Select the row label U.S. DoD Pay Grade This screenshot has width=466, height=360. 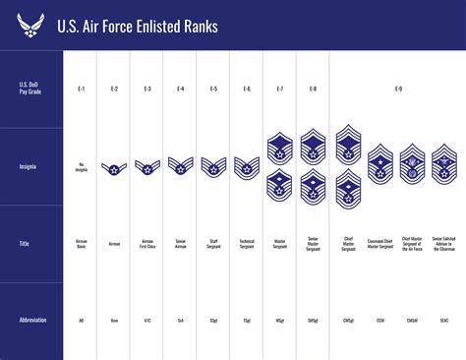pyautogui.click(x=30, y=90)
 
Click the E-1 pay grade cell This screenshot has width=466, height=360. pyautogui.click(x=81, y=90)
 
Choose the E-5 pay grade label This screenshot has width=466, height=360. pyautogui.click(x=213, y=90)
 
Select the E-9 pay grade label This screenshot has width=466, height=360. pyautogui.click(x=397, y=90)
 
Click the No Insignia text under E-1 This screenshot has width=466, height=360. pyautogui.click(x=81, y=167)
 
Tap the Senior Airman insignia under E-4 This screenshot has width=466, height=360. pyautogui.click(x=180, y=167)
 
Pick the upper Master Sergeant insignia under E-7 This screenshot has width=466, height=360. pyautogui.click(x=280, y=148)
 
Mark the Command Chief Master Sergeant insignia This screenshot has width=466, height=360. pyautogui.click(x=380, y=163)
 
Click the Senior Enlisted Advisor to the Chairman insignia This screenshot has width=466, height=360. pyautogui.click(x=445, y=163)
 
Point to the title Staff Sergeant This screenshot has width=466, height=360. pyautogui.click(x=213, y=243)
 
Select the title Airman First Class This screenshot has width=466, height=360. pyautogui.click(x=147, y=243)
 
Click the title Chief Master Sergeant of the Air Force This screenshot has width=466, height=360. pyautogui.click(x=413, y=243)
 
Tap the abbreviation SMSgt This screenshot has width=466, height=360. pyautogui.click(x=313, y=320)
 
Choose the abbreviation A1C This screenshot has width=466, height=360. pyautogui.click(x=147, y=320)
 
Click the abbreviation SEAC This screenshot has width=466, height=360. pyautogui.click(x=445, y=320)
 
